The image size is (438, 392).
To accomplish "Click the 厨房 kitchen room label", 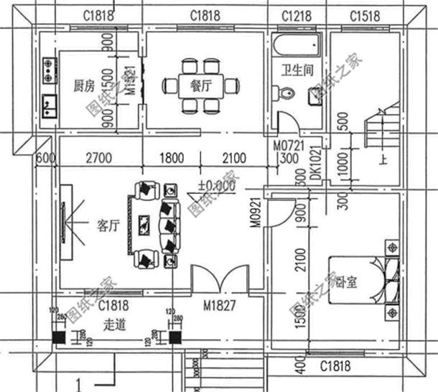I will (x=85, y=86).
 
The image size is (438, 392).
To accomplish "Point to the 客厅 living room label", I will (x=107, y=225).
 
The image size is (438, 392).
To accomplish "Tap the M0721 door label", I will (x=288, y=145).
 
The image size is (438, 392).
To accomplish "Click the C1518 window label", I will (x=364, y=15).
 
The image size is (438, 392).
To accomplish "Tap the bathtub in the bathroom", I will (x=295, y=45).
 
